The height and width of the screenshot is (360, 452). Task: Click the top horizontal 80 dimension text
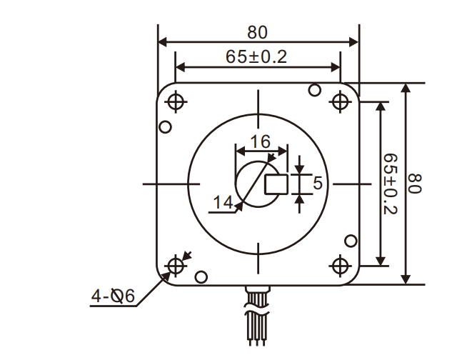[x=257, y=32]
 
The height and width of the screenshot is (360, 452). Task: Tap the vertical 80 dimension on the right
[x=416, y=184]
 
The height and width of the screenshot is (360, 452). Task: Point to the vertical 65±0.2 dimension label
[x=391, y=184]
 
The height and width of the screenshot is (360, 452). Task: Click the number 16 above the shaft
[x=261, y=141]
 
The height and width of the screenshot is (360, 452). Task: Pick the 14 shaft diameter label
[x=224, y=204]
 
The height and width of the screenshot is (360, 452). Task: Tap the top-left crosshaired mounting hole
[x=176, y=102]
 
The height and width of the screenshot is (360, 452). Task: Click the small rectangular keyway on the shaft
[x=276, y=184]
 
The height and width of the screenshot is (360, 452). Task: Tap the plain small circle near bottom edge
[x=201, y=276]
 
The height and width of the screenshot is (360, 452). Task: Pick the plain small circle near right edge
[x=351, y=241]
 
